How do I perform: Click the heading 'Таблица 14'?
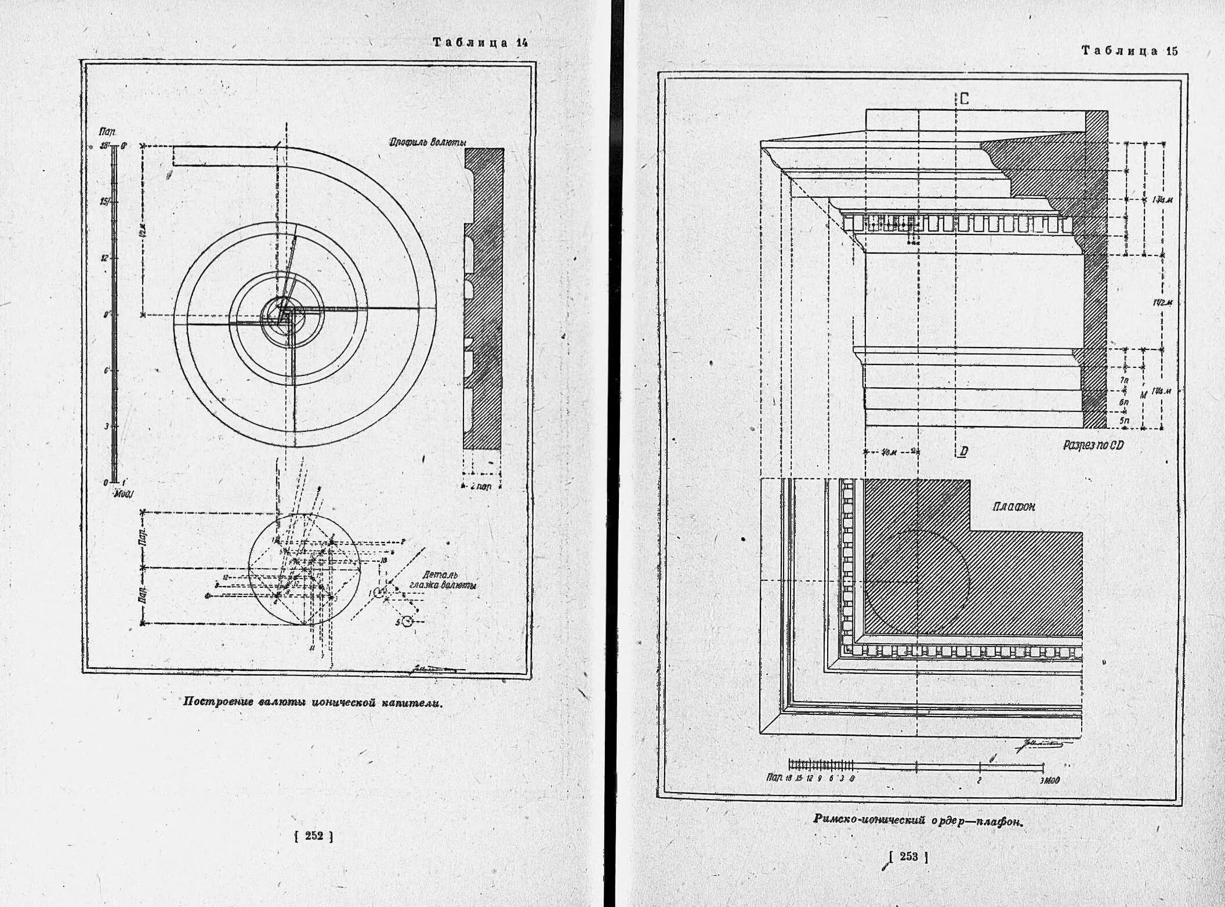[x=480, y=42]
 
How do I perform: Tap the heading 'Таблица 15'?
[x=1129, y=50]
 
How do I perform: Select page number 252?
[x=314, y=836]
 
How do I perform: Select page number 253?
[x=908, y=857]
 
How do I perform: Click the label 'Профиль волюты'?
[x=427, y=142]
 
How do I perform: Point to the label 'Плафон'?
[x=1014, y=507]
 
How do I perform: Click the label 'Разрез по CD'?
[x=1093, y=445]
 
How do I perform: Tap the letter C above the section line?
[x=964, y=99]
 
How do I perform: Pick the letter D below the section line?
[x=963, y=451]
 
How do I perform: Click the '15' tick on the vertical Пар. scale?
[x=104, y=202]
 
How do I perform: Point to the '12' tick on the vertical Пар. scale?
[x=104, y=258]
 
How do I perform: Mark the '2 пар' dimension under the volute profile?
[x=481, y=486]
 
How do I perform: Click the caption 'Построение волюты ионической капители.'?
[x=313, y=702]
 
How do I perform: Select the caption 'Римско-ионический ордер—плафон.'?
[x=918, y=820]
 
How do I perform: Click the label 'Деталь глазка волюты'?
[x=443, y=580]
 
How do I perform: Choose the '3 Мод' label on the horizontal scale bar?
[x=1049, y=780]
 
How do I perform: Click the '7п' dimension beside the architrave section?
[x=1124, y=381]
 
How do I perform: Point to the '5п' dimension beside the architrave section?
[x=1124, y=420]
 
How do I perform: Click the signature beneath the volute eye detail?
[x=432, y=668]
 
